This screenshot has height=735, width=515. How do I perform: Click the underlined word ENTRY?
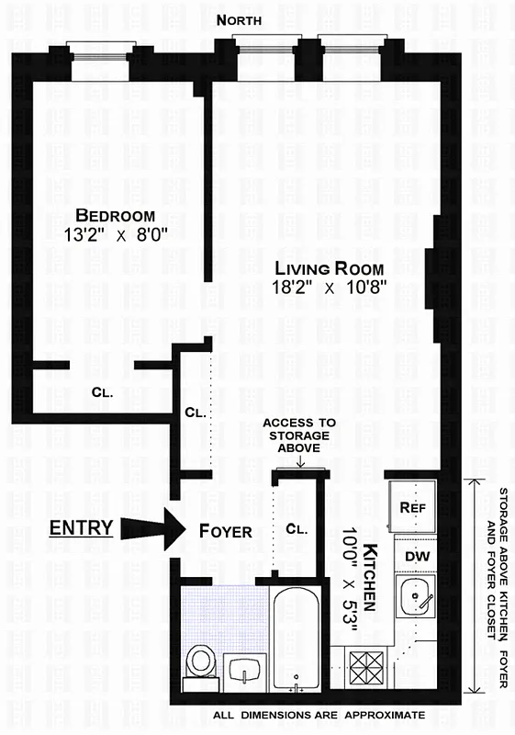coord(81,527)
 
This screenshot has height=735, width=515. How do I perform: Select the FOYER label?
coord(225,530)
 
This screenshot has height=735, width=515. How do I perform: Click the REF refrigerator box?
coord(410,507)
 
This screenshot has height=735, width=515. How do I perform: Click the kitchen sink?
coord(417,599)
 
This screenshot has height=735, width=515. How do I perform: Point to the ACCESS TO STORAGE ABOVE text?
coord(299,435)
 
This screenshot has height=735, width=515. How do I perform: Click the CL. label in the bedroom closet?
coord(102,392)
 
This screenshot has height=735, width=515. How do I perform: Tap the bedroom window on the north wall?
coord(101,50)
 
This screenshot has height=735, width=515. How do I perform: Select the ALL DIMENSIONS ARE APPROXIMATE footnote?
coord(319,715)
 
